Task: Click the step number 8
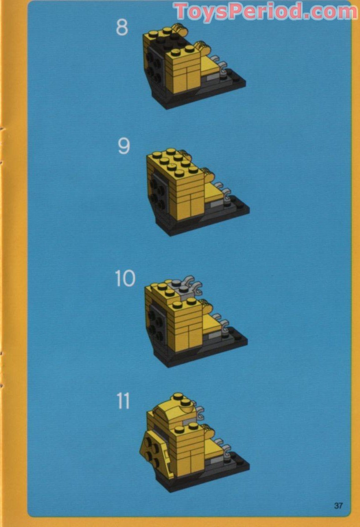122,27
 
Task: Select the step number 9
124,146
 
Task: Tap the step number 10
125,279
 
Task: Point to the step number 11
123,401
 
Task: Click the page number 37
338,505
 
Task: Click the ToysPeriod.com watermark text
265,12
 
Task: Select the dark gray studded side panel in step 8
154,66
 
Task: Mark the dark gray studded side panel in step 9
158,193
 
